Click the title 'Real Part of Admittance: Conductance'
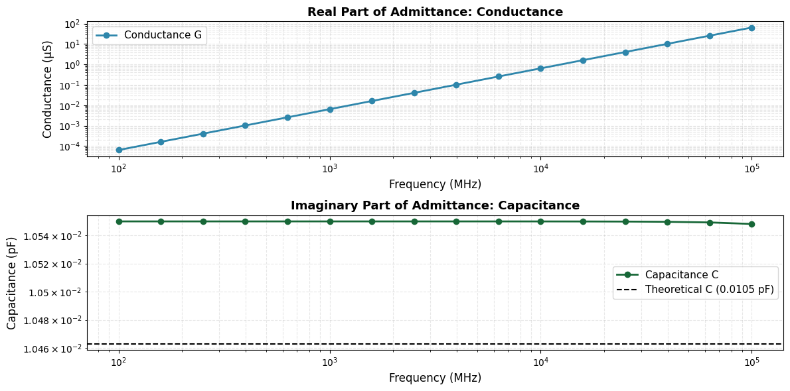pos(435,12)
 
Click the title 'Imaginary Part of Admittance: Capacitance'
pos(435,205)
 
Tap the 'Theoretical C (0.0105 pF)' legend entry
pos(709,289)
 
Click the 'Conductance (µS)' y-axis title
pos(48,89)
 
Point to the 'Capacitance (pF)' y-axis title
pos(12,283)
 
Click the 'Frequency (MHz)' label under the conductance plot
pos(435,184)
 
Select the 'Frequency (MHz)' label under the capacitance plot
pos(435,378)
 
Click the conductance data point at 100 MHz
pos(119,150)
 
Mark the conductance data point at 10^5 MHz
pos(751,28)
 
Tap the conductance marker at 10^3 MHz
pos(330,109)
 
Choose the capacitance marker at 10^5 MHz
pos(751,224)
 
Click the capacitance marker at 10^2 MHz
pos(119,221)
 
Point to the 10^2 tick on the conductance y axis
pos(71,24)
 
